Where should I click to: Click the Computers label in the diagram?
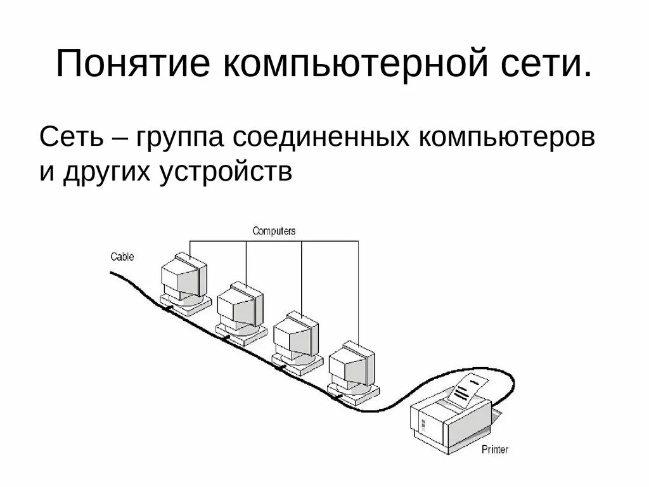click(274, 231)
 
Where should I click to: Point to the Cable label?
click(122, 257)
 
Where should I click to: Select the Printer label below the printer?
click(494, 450)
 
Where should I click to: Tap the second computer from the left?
click(240, 310)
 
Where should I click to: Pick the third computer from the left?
click(295, 339)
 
